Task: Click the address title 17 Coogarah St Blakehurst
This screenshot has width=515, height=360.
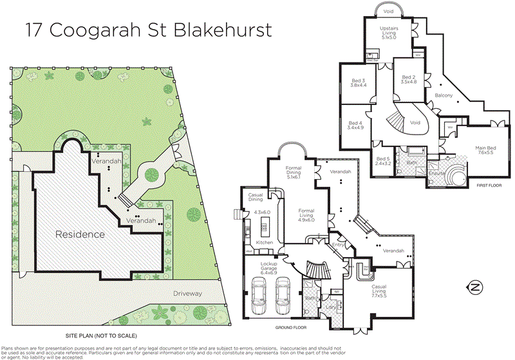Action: pyautogui.click(x=149, y=30)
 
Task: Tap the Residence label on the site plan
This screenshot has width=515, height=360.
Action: pyautogui.click(x=80, y=234)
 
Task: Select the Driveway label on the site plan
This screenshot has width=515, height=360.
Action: pyautogui.click(x=188, y=294)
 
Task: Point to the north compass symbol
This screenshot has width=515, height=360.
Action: pyautogui.click(x=476, y=287)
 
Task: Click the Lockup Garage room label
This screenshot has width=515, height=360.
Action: pyautogui.click(x=268, y=267)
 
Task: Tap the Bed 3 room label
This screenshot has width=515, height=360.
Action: pyautogui.click(x=358, y=82)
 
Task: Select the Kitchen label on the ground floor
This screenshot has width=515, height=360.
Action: pyautogui.click(x=265, y=242)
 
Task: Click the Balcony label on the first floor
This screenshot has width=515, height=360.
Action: pyautogui.click(x=444, y=95)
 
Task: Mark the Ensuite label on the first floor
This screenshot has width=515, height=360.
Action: pyautogui.click(x=436, y=172)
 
